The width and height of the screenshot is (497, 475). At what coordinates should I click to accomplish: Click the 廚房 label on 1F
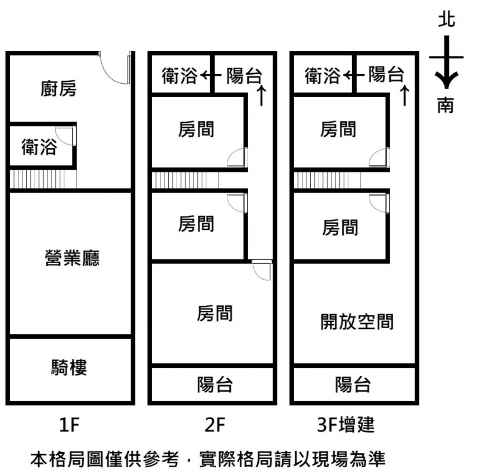58,89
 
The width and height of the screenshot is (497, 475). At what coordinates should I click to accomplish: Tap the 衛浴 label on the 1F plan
39,147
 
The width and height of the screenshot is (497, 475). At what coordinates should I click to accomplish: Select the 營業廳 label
72,258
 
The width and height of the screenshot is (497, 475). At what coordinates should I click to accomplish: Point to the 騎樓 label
69,368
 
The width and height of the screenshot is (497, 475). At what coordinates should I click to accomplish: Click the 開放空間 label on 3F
357,322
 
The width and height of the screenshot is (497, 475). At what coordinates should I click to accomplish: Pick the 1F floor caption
70,426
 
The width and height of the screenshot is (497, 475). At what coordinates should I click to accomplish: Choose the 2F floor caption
215,426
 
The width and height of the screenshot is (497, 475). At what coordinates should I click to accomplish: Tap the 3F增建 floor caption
345,426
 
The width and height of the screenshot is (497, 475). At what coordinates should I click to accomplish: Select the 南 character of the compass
446,105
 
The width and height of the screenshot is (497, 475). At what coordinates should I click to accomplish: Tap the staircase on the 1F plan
42,180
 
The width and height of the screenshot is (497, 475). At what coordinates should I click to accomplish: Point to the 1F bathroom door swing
66,136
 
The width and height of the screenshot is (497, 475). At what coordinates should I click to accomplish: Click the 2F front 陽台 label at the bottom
215,384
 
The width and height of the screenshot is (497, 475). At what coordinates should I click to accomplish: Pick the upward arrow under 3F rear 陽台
404,95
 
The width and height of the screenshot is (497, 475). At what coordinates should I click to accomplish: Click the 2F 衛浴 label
179,75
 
